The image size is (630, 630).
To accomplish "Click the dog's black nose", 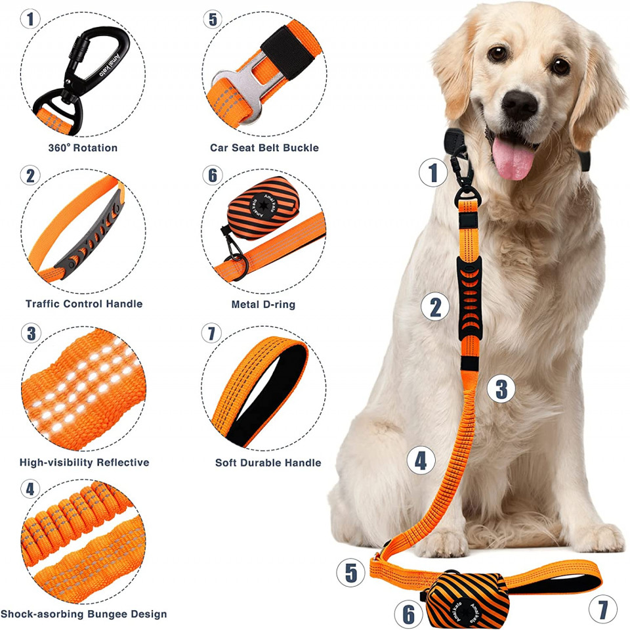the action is point(519,104).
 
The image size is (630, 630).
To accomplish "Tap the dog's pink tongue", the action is point(513,158).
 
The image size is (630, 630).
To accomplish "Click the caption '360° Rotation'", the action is point(83,148).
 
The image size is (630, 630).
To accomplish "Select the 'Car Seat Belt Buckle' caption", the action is point(264,148).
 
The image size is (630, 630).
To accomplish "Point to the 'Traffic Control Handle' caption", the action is point(84,304).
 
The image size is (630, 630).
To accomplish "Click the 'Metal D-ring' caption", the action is point(263,305).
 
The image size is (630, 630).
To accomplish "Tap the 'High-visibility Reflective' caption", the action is point(85,462).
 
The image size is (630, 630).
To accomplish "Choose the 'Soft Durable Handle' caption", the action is point(268,462).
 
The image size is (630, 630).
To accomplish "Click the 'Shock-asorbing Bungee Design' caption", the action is point(83,614).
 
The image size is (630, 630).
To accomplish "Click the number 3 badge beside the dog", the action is point(501,389).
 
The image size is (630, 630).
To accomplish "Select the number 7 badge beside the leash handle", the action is point(602,609).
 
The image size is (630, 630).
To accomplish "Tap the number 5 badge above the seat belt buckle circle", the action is point(213,19).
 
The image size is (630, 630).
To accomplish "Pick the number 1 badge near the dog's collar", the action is point(432,173).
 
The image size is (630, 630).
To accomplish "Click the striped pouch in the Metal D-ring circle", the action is point(263,208).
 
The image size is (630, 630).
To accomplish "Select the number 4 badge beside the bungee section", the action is point(421,461).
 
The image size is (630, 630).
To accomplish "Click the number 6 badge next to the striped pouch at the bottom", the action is point(408,614).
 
